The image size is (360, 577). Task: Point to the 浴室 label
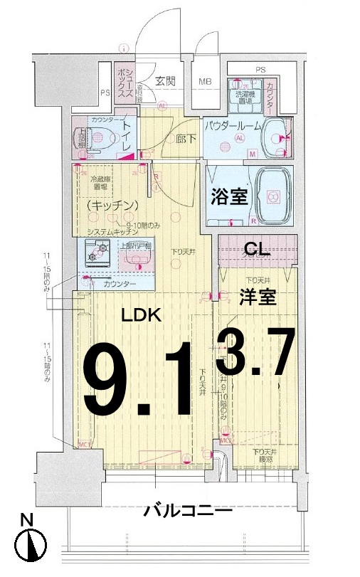coord(229,196)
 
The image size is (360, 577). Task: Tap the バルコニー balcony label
coord(187,510)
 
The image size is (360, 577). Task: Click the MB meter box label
coord(205,81)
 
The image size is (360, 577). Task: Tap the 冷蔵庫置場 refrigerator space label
coord(99,184)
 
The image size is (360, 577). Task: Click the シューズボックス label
coord(122,80)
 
